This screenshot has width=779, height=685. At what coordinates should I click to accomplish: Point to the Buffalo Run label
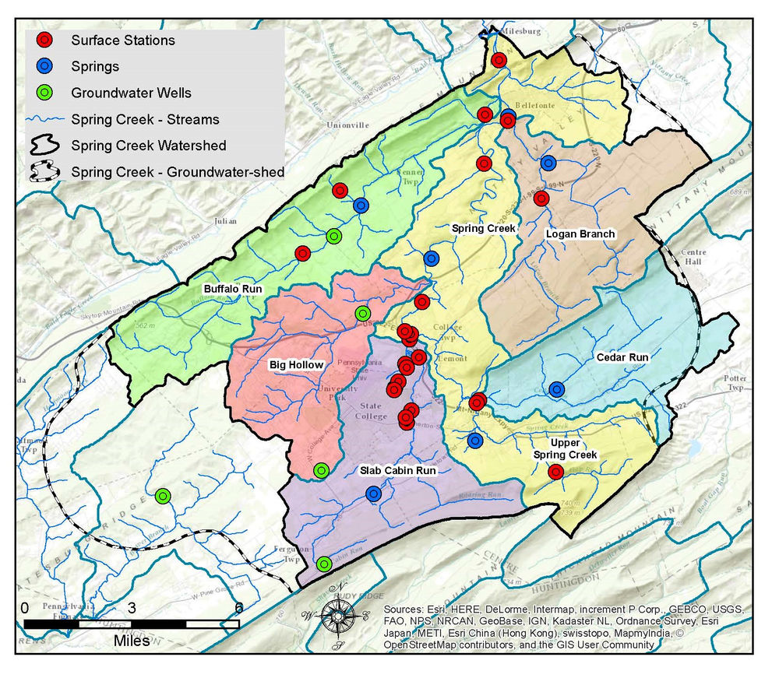pyautogui.click(x=233, y=289)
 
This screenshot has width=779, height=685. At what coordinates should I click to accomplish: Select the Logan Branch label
pyautogui.click(x=580, y=234)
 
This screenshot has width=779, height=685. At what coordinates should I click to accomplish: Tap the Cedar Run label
pyautogui.click(x=622, y=358)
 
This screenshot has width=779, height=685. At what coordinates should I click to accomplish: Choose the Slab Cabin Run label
pyautogui.click(x=397, y=471)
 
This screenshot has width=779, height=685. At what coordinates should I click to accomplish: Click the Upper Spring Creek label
pyautogui.click(x=565, y=448)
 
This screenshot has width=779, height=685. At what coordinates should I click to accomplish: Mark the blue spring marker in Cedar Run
pyautogui.click(x=556, y=388)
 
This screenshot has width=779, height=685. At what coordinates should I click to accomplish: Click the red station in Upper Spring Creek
pyautogui.click(x=555, y=471)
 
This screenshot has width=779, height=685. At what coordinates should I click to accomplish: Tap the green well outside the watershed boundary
pyautogui.click(x=163, y=495)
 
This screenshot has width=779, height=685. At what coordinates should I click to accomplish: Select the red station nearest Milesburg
pyautogui.click(x=499, y=59)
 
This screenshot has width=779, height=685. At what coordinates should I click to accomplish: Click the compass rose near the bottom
pyautogui.click(x=337, y=615)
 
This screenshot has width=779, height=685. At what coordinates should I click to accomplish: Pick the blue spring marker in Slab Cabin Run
pyautogui.click(x=373, y=493)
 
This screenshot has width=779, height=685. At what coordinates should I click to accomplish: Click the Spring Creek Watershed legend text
pyautogui.click(x=148, y=146)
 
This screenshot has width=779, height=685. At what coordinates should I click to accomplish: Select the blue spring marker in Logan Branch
pyautogui.click(x=548, y=163)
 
